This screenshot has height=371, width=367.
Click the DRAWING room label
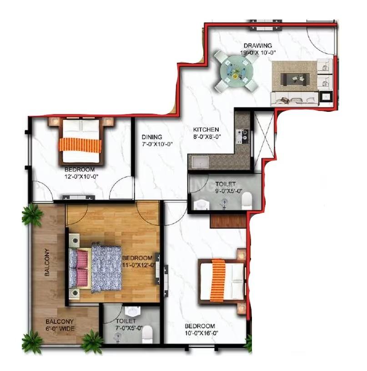(x=258, y=45)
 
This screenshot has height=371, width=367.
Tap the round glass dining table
(x=236, y=70)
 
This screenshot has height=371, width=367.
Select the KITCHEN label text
(x=206, y=130)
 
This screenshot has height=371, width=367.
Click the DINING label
(x=152, y=137)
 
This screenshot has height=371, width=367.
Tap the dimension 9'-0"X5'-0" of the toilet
(x=229, y=191)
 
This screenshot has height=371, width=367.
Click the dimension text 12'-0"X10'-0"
(x=81, y=176)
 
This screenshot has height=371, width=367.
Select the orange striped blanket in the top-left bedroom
(x=80, y=145)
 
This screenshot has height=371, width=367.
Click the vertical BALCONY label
(x=47, y=262)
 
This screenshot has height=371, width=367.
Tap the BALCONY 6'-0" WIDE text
(x=60, y=325)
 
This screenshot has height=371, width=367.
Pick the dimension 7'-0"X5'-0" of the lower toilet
(x=129, y=328)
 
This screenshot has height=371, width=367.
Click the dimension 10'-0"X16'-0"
(x=201, y=333)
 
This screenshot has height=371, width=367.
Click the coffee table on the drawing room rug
(x=295, y=79)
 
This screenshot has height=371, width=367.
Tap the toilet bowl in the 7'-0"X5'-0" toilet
(x=147, y=334)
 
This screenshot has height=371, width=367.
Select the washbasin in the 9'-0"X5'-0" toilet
(x=201, y=205)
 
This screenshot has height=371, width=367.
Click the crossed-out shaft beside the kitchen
(x=264, y=140)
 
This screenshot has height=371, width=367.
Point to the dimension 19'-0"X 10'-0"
(x=258, y=53)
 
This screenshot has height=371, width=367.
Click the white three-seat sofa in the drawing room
(x=295, y=99)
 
